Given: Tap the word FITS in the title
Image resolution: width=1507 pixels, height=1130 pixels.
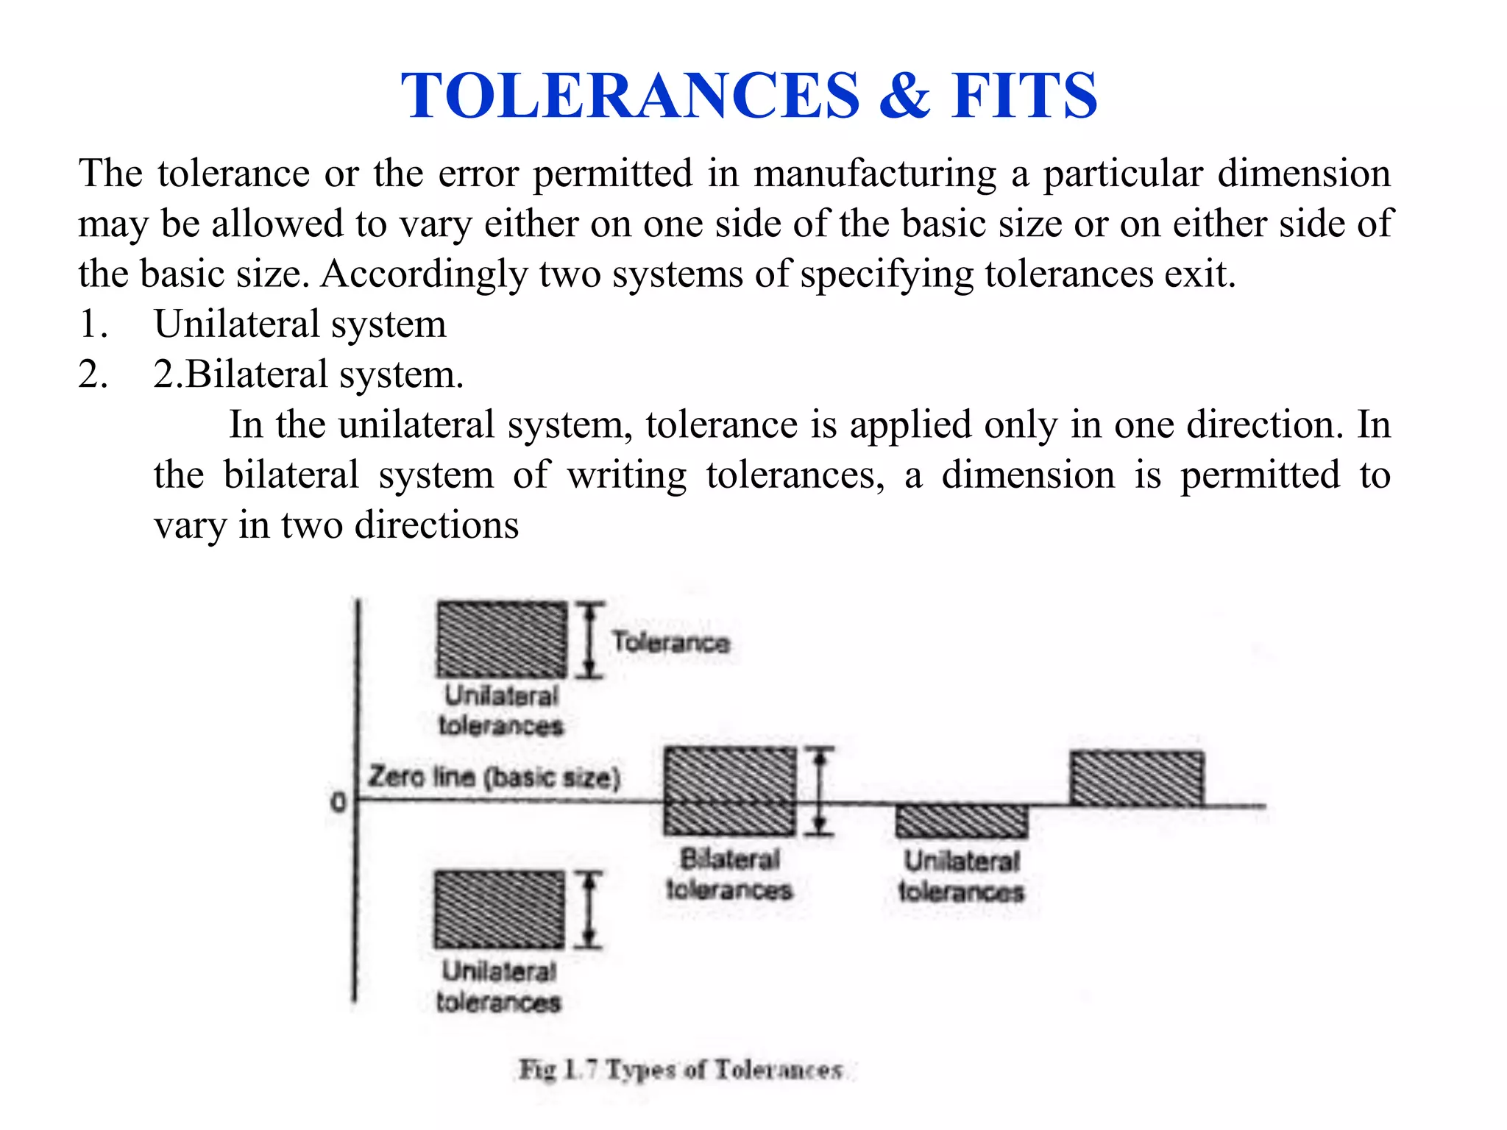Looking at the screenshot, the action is click(x=1024, y=96).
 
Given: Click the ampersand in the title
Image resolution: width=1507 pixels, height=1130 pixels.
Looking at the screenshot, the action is click(x=904, y=96).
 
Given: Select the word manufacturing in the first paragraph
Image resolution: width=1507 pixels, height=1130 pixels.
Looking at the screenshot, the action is click(x=875, y=174).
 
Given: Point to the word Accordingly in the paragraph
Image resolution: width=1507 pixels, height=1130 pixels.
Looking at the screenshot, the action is click(x=423, y=274).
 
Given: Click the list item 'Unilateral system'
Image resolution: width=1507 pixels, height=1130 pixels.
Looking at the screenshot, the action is click(x=299, y=324).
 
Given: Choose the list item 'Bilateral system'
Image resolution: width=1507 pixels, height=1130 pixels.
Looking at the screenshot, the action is click(x=324, y=374).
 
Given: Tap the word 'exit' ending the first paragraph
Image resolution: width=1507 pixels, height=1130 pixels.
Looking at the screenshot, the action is click(x=1204, y=274).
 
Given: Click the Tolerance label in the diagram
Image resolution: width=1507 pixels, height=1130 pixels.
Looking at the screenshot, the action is click(x=671, y=642).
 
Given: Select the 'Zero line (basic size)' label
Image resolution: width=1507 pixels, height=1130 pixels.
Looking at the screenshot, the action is click(x=494, y=777).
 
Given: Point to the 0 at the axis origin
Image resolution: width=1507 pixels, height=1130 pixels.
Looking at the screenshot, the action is click(x=338, y=802).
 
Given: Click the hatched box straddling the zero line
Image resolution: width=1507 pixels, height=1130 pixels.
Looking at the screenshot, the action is click(x=729, y=791).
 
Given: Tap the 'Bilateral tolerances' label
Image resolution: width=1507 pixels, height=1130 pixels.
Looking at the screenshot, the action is click(x=728, y=874).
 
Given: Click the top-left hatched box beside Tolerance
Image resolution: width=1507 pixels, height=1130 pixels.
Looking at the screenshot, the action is click(x=501, y=639).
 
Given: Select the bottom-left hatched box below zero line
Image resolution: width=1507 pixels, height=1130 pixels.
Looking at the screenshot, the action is click(x=500, y=909).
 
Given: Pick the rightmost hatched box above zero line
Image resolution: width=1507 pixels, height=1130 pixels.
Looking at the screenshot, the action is click(x=1137, y=778).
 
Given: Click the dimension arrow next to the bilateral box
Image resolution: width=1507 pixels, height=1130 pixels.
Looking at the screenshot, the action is click(x=820, y=791).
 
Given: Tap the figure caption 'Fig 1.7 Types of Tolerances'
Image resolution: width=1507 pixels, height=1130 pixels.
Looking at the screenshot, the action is click(x=681, y=1069).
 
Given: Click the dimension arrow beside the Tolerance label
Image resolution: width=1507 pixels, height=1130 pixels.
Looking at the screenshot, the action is click(x=589, y=639).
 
